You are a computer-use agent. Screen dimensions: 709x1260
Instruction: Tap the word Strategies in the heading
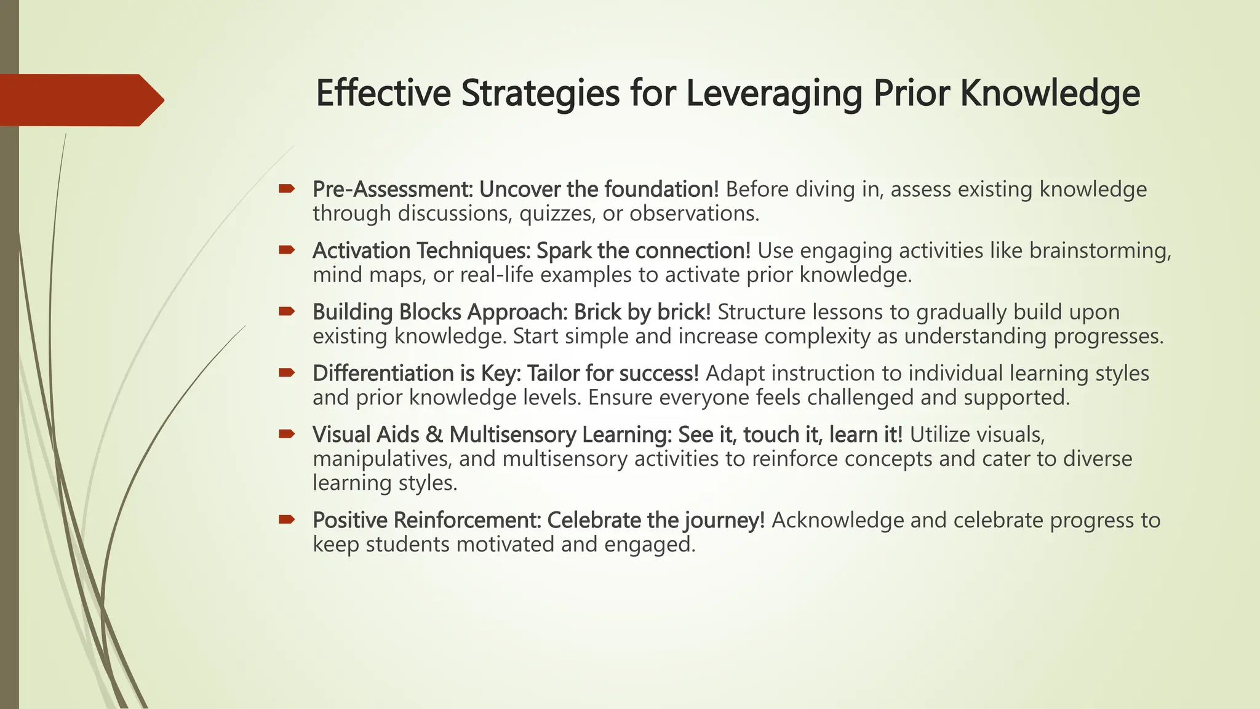click(539, 94)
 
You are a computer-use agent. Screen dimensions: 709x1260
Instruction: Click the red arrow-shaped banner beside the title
click(80, 100)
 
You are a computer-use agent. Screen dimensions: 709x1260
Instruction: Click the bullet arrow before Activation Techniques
click(287, 250)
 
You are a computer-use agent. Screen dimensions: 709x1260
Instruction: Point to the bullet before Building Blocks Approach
click(287, 311)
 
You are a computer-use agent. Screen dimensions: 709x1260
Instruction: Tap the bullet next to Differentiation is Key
click(287, 372)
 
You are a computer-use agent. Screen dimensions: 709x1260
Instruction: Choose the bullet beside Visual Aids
click(287, 434)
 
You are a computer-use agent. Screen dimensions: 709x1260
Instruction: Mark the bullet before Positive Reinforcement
click(287, 520)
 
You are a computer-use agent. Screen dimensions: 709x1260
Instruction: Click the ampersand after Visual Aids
click(434, 435)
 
